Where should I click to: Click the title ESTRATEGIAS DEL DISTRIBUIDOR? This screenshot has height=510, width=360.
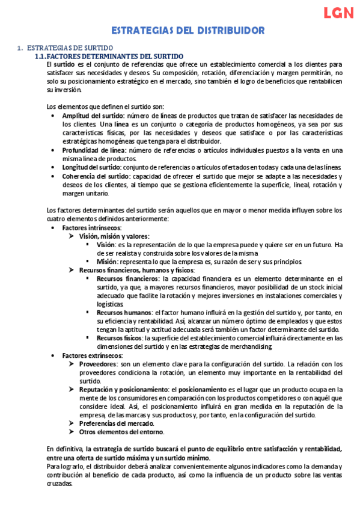click(180, 29)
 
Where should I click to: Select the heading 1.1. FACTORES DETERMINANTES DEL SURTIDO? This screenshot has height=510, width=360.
click(107, 55)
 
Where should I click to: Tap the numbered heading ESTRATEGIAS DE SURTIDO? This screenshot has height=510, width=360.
click(66, 48)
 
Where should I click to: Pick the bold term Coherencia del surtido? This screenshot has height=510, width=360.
click(93, 176)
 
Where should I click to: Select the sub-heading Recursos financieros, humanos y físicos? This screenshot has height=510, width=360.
click(136, 271)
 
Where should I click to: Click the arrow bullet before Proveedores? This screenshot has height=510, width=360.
click(73, 364)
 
